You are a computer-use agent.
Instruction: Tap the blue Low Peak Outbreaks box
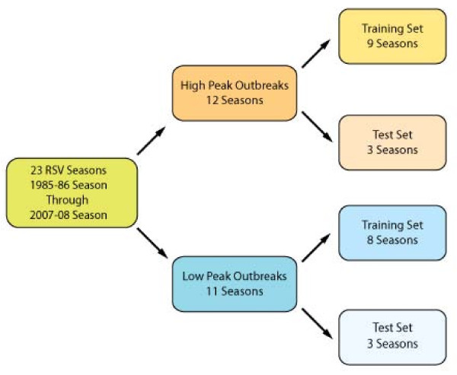point(234,283)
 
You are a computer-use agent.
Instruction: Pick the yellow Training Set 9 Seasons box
point(392,36)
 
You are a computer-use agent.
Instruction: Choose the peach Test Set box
point(392,142)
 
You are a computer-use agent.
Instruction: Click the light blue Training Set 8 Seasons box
point(392,232)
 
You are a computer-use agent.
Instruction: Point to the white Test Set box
point(392,336)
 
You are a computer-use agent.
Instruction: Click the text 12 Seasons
point(234,100)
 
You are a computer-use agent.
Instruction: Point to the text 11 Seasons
point(234,291)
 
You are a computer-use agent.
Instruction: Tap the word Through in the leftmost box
point(72,201)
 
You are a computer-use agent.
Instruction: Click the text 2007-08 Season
point(72,215)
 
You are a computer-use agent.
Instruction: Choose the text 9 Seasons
point(392,43)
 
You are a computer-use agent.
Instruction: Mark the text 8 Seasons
point(392,240)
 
